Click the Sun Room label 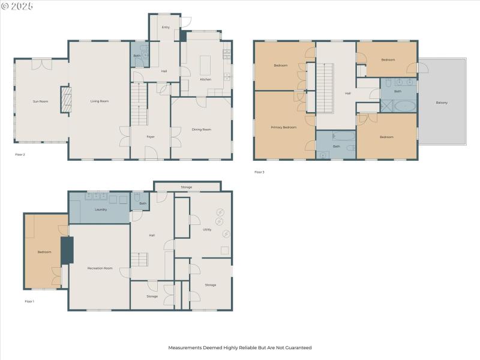pyautogui.click(x=40, y=102)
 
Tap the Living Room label pyautogui.click(x=100, y=101)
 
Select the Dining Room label pyautogui.click(x=202, y=130)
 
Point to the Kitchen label pyautogui.click(x=206, y=80)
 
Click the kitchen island pyautogui.click(x=206, y=64)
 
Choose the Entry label pyautogui.click(x=166, y=27)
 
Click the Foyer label pyautogui.click(x=151, y=137)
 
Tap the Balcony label pyautogui.click(x=442, y=103)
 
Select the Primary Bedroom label pyautogui.click(x=284, y=127)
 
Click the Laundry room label pyautogui.click(x=101, y=209)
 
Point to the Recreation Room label pyautogui.click(x=100, y=268)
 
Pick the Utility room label pyautogui.click(x=207, y=230)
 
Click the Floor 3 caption pyautogui.click(x=259, y=172)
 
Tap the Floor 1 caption pyautogui.click(x=29, y=301)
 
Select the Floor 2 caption pyautogui.click(x=20, y=154)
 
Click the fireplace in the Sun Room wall pyautogui.click(x=66, y=100)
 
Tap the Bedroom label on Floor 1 pyautogui.click(x=44, y=252)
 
